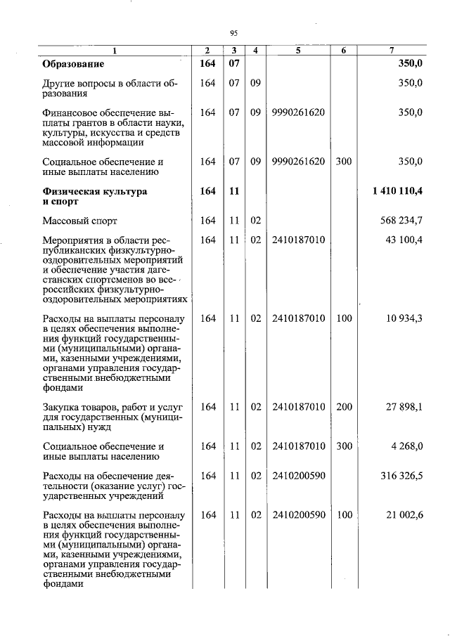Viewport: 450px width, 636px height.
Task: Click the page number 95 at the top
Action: tap(234, 32)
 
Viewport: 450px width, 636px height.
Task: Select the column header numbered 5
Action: tap(297, 51)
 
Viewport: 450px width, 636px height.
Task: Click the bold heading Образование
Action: tap(73, 64)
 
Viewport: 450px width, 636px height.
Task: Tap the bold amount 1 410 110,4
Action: tap(397, 191)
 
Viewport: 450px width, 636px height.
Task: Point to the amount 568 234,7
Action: tap(400, 221)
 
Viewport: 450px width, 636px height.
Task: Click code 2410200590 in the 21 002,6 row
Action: tap(298, 515)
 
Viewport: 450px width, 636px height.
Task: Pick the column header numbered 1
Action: tap(116, 51)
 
